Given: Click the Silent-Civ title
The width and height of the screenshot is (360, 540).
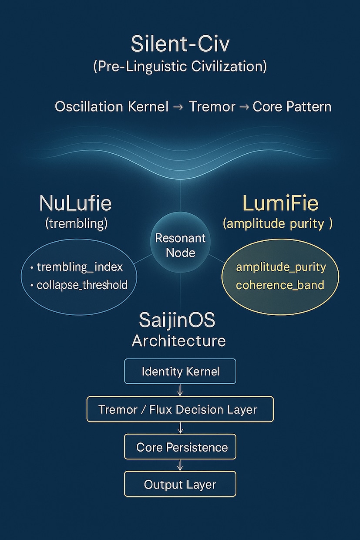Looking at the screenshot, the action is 180,44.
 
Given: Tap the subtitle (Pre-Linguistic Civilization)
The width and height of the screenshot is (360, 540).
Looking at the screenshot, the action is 180,66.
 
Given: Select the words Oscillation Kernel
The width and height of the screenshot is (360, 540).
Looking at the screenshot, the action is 112,107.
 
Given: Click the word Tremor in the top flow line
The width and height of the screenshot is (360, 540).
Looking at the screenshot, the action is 212,107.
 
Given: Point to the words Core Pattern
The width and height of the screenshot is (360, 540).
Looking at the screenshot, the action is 292,107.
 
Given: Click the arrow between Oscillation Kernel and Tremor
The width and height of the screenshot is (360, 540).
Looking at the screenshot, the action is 178,107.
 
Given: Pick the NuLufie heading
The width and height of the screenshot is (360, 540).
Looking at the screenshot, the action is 75,203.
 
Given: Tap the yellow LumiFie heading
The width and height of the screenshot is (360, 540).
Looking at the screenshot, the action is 280,203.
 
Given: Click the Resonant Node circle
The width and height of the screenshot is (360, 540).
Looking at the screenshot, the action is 180,243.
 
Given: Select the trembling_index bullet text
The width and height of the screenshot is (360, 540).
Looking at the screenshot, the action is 80,267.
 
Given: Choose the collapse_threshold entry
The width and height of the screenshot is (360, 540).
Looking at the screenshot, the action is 82,285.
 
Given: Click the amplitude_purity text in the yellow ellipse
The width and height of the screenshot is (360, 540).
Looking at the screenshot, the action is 281,267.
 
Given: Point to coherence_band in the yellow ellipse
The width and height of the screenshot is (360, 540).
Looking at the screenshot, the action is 280,285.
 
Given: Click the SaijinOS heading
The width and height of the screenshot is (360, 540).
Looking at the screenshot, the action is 177,320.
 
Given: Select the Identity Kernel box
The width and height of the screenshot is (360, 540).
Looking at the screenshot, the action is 180,371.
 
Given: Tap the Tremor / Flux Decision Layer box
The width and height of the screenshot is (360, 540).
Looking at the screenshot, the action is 180,409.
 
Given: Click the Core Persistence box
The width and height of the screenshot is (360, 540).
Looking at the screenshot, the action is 180,447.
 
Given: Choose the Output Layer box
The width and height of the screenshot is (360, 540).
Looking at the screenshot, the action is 180,484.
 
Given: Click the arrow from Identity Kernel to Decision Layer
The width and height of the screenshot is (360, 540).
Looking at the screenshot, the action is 180,390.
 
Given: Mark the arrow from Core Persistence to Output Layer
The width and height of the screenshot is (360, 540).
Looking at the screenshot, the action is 180,465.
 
